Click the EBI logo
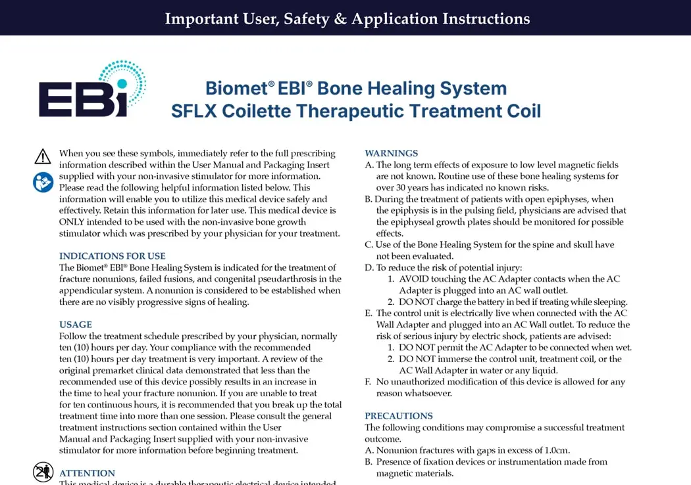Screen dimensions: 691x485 93,89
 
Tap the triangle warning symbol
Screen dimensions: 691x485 43,156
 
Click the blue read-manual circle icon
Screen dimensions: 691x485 43,182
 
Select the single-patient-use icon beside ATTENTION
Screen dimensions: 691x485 43,473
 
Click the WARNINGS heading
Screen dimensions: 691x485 392,153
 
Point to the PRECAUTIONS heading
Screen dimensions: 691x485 398,416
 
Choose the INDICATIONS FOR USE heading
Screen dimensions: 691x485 113,256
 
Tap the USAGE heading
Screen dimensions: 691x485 76,325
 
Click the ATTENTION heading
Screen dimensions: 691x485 87,473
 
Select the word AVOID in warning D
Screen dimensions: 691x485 413,279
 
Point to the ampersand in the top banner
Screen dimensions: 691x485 340,19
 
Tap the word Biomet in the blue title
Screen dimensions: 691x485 237,88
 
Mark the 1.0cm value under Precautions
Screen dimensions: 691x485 557,450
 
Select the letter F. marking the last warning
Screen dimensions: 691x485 368,382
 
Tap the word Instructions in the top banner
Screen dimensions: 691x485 486,19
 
